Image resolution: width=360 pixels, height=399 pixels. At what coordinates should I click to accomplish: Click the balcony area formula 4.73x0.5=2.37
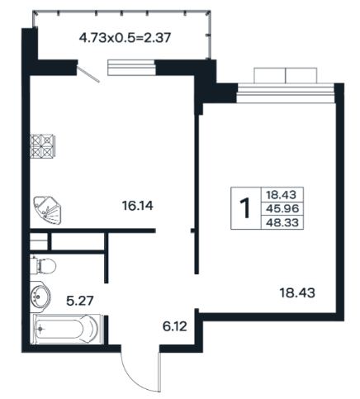tap(126, 38)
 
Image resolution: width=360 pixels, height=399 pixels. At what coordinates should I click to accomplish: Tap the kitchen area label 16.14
tap(137, 206)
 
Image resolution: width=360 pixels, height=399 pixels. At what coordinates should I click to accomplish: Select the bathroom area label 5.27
tap(80, 301)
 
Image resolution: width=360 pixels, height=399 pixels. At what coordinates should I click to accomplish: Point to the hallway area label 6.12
tap(175, 326)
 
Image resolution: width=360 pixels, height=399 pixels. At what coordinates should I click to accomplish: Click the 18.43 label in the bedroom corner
tap(297, 292)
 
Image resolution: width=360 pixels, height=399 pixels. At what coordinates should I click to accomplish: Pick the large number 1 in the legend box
tap(244, 208)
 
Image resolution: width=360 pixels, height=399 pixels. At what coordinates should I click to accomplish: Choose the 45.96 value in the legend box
tap(282, 208)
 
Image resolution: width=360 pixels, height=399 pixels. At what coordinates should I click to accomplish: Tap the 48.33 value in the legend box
tap(282, 222)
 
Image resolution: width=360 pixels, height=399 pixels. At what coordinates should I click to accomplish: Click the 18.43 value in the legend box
tap(281, 195)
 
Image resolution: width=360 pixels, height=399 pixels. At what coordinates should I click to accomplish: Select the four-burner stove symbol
tap(43, 146)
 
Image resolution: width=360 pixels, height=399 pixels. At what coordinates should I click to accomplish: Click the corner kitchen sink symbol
tap(47, 210)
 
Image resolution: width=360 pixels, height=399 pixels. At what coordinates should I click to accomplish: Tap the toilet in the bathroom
tap(43, 266)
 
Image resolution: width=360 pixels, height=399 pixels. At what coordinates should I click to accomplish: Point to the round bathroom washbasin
tap(40, 297)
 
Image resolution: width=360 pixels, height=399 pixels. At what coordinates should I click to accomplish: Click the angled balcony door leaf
tap(88, 74)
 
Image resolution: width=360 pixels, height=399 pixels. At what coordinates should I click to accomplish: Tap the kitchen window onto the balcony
tap(131, 68)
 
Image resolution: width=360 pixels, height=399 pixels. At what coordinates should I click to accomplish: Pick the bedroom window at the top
tap(286, 93)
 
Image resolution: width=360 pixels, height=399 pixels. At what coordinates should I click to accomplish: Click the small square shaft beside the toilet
tap(39, 241)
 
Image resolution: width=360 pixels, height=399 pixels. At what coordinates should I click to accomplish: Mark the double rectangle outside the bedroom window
tap(286, 75)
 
